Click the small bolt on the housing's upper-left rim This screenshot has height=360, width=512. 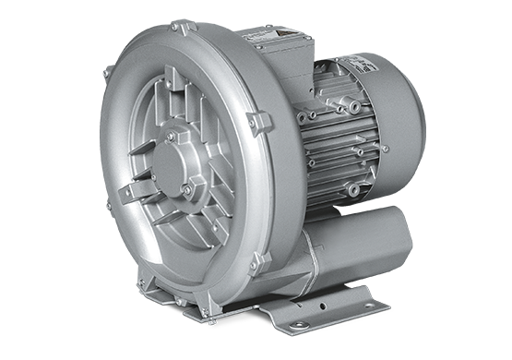point(106,71)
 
